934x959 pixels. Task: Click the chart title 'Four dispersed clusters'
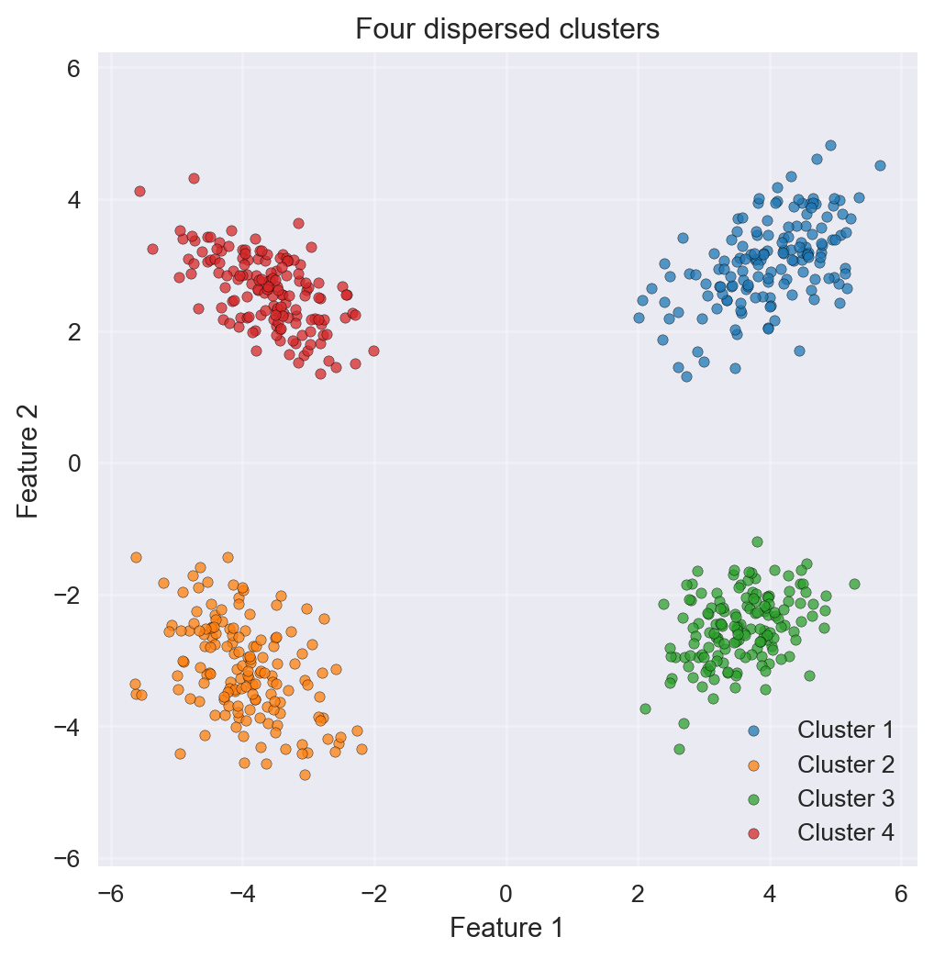(x=506, y=29)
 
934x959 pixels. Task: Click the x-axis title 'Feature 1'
(x=506, y=928)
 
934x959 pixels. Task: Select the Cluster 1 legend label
(x=845, y=730)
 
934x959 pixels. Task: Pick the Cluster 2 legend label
(x=845, y=764)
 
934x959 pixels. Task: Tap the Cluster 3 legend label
(x=845, y=798)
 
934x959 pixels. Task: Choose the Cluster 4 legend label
(x=845, y=832)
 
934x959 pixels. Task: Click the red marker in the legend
(x=753, y=832)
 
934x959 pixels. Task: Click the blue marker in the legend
(x=753, y=730)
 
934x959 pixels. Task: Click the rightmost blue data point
(x=880, y=165)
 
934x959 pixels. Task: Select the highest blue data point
(x=830, y=145)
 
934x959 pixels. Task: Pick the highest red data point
(x=194, y=178)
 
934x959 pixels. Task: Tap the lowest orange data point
(x=305, y=775)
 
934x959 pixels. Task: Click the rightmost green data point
(x=854, y=584)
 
